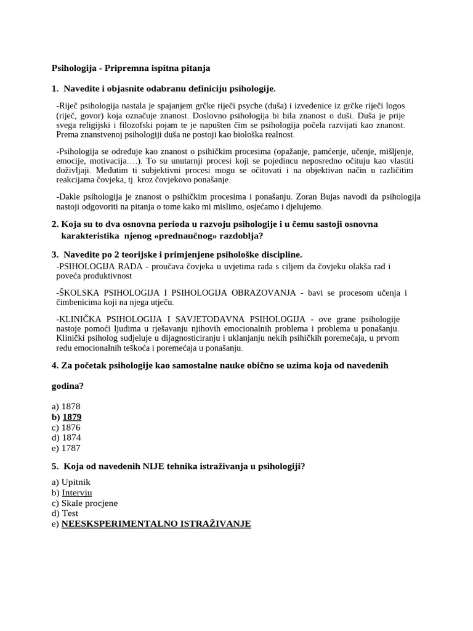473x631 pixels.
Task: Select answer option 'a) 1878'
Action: pos(66,407)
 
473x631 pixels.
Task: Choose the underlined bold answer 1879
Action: pos(71,417)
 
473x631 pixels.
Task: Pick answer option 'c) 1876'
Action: pos(66,428)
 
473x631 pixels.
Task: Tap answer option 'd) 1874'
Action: pos(66,438)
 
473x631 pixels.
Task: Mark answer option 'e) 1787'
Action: pos(66,449)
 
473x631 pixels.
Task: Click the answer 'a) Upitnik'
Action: pos(71,482)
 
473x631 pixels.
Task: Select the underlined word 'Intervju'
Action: pos(77,493)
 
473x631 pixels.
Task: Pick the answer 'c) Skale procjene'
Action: pos(84,503)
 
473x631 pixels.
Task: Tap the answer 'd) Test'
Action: pos(65,513)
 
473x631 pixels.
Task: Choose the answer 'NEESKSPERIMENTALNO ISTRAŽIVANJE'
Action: pos(156,524)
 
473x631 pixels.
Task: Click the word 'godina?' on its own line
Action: pos(67,386)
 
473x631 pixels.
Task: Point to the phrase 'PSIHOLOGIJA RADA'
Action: pos(92,266)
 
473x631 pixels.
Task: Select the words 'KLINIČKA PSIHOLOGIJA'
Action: pos(104,319)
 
